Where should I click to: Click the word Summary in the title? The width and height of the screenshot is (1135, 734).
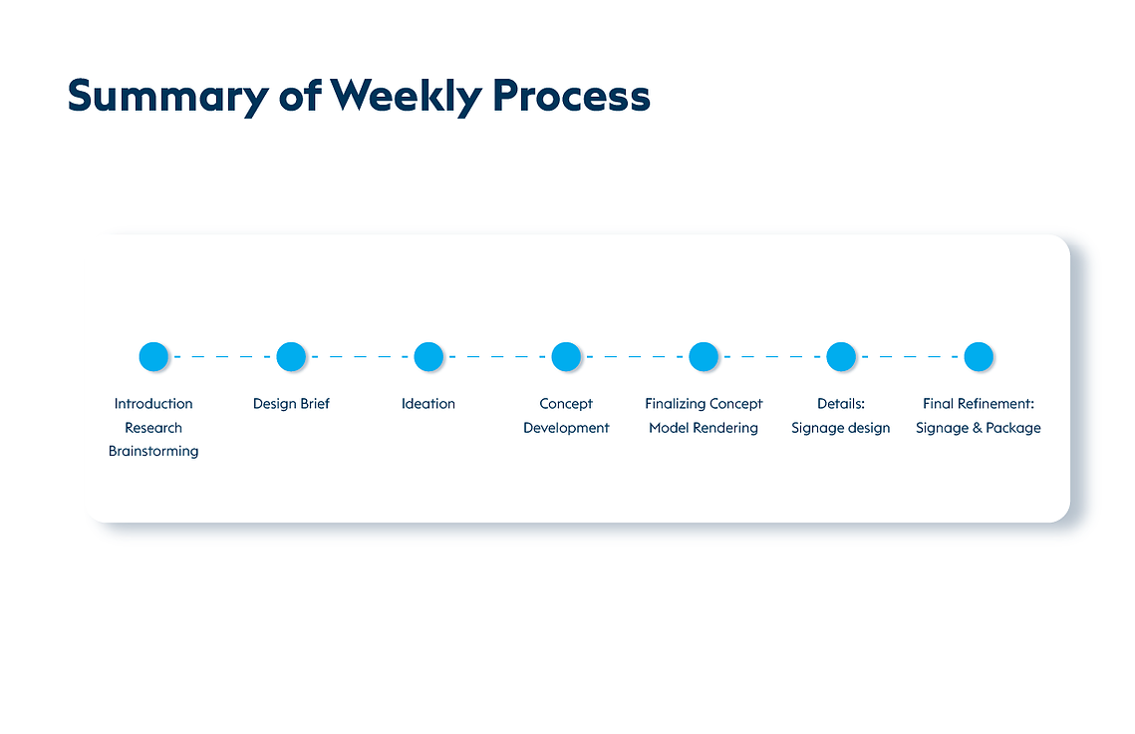(x=168, y=97)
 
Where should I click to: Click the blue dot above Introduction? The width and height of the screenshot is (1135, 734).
(x=153, y=356)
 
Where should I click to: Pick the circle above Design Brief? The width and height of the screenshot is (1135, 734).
(x=291, y=356)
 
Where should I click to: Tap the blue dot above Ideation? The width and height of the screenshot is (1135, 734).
(x=428, y=356)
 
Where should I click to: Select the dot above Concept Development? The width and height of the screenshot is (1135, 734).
(x=566, y=356)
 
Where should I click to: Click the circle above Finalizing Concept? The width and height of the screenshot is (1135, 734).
(x=704, y=356)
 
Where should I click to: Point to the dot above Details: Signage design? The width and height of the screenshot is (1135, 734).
(x=841, y=356)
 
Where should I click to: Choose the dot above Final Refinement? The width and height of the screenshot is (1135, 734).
(x=979, y=356)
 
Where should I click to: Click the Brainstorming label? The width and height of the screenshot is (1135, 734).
(x=153, y=452)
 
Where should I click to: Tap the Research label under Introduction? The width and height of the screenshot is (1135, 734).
(x=153, y=428)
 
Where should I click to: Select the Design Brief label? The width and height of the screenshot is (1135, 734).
(x=291, y=404)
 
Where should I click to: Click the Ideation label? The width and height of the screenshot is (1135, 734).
(x=428, y=404)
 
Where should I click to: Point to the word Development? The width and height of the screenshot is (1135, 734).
(x=566, y=428)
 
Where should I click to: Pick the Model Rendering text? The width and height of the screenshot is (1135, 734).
(x=704, y=428)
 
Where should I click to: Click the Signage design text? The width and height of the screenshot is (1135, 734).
(x=840, y=428)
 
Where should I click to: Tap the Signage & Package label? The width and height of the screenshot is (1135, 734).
(x=978, y=428)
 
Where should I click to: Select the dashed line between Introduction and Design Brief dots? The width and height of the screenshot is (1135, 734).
(x=222, y=356)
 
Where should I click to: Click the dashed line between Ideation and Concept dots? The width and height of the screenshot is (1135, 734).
(x=497, y=356)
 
